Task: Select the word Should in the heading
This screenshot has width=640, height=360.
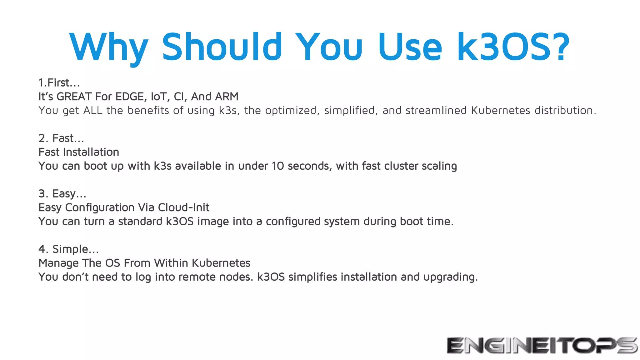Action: click(x=222, y=47)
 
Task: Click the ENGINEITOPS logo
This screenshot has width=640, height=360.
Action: click(x=542, y=345)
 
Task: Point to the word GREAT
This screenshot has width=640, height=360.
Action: click(x=74, y=97)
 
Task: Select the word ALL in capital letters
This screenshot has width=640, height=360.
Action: click(x=93, y=110)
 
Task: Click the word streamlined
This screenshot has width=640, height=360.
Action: click(x=436, y=110)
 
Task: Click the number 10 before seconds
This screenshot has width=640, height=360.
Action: click(x=278, y=166)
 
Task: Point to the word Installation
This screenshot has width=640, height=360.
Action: click(x=91, y=152)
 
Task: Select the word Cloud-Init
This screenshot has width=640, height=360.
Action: click(x=183, y=207)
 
